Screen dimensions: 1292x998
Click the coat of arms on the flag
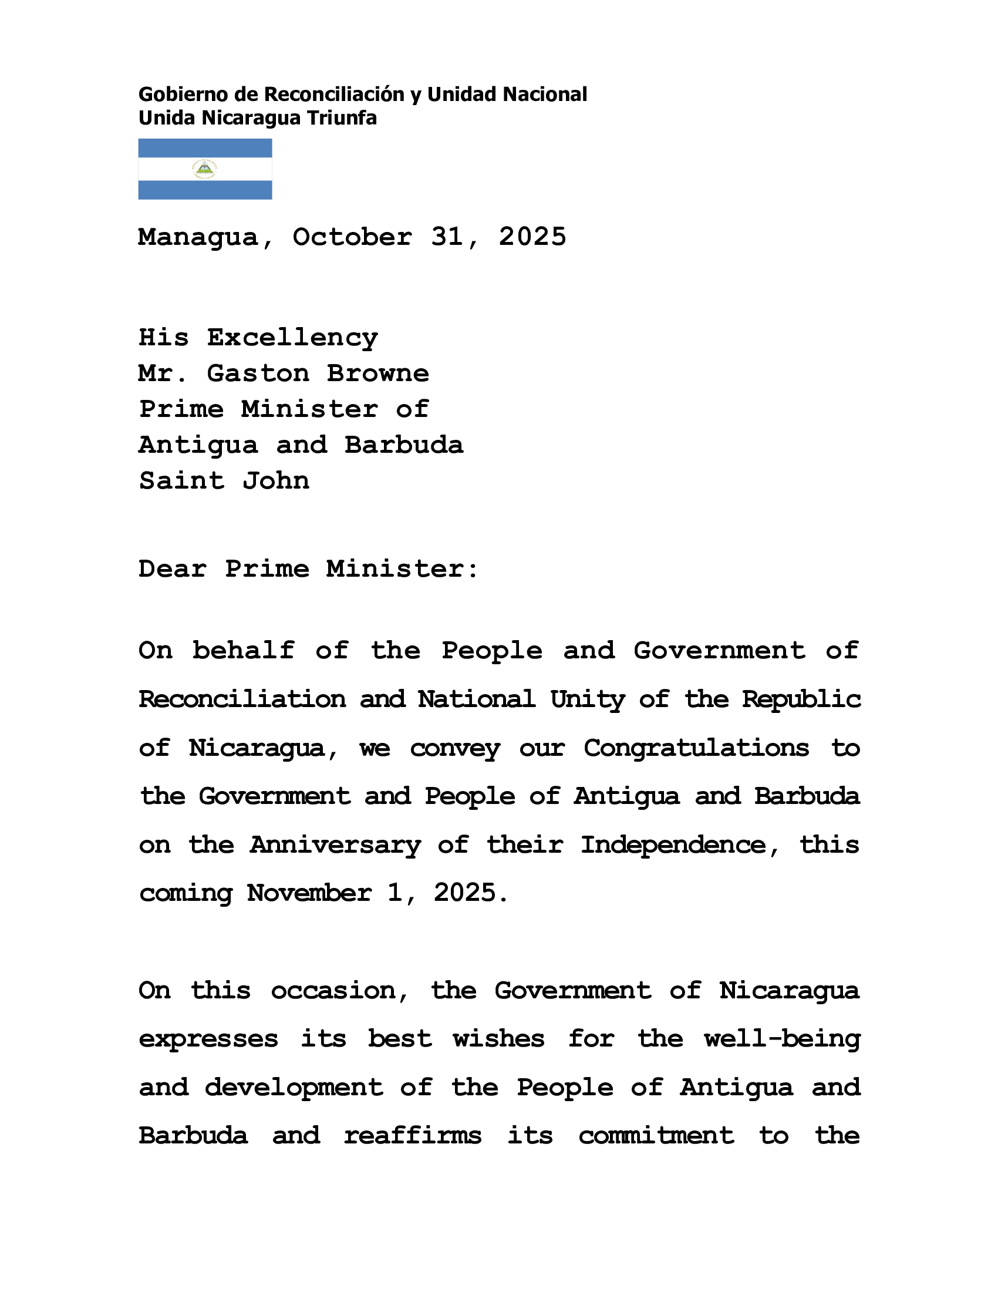click(x=204, y=169)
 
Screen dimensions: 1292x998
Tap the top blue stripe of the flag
click(x=204, y=148)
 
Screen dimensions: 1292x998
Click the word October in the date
click(x=352, y=237)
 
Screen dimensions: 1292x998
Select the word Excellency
click(x=292, y=338)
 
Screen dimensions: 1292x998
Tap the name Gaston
click(x=258, y=374)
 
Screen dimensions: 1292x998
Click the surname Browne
click(x=378, y=374)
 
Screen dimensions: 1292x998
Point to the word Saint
click(x=181, y=481)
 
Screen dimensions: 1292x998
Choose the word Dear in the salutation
click(x=173, y=569)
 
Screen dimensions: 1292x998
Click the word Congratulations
click(x=696, y=748)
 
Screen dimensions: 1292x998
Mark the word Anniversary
click(x=335, y=844)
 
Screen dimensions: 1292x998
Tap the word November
click(x=309, y=893)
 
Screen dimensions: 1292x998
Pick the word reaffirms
click(x=412, y=1136)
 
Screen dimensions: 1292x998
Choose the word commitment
click(x=656, y=1136)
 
